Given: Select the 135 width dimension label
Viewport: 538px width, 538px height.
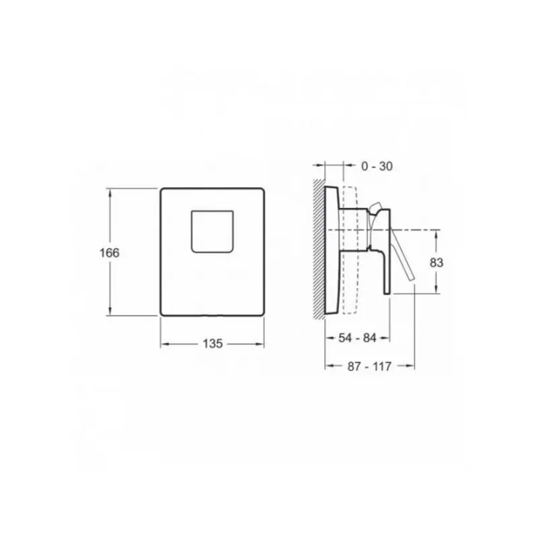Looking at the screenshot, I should pyautogui.click(x=212, y=344).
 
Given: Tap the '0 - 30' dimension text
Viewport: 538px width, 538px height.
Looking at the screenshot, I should pyautogui.click(x=377, y=166).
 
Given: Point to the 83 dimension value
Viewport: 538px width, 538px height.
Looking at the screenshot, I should pyautogui.click(x=436, y=263).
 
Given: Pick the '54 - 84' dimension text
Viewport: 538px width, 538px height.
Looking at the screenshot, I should pyautogui.click(x=357, y=338).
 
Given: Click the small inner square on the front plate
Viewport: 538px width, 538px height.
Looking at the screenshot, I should pyautogui.click(x=213, y=231).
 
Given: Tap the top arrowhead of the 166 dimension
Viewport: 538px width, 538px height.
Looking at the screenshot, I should pyautogui.click(x=110, y=192).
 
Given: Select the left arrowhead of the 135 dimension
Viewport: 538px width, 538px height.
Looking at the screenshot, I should pyautogui.click(x=163, y=344).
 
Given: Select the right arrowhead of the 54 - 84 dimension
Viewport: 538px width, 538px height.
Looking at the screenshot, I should pyautogui.click(x=387, y=338).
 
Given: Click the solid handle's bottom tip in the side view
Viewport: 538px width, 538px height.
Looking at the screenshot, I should pyautogui.click(x=387, y=291).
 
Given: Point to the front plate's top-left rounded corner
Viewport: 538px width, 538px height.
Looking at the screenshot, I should pyautogui.click(x=163, y=191).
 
